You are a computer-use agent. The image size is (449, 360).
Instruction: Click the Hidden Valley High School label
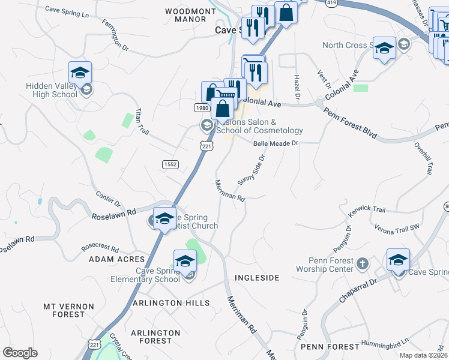(x=52, y=90)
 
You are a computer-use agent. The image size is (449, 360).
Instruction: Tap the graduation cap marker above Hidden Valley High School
(x=80, y=73)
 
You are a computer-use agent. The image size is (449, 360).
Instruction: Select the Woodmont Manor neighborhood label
(x=190, y=15)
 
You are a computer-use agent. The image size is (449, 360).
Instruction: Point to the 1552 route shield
(x=170, y=164)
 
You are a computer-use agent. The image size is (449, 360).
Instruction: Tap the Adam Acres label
(x=116, y=259)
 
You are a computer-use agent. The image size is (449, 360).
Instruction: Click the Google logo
(x=20, y=352)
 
